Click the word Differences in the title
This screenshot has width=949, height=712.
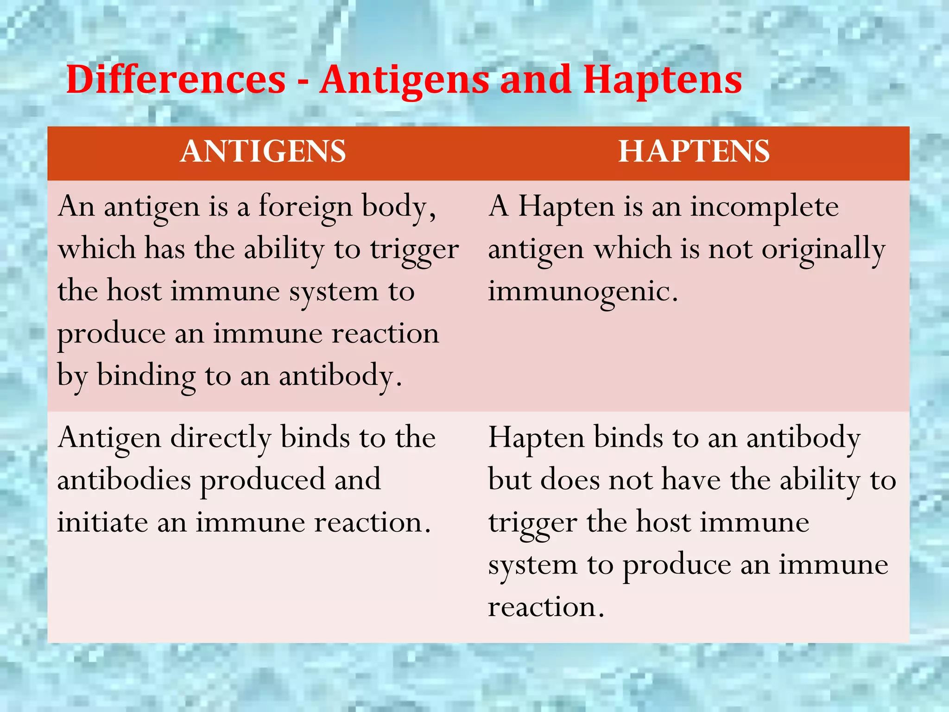click(x=176, y=80)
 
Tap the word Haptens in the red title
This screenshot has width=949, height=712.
click(x=662, y=80)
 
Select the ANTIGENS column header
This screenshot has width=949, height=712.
click(x=263, y=152)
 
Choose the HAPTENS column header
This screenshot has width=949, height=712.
click(x=694, y=152)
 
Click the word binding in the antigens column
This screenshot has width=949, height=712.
click(x=146, y=376)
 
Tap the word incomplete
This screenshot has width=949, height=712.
click(x=765, y=207)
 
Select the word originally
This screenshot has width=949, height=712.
click(x=823, y=249)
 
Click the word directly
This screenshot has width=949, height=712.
click(x=221, y=438)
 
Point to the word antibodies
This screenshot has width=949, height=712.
click(x=124, y=480)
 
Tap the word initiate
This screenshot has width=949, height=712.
click(x=102, y=522)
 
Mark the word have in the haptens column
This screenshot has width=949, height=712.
click(x=691, y=480)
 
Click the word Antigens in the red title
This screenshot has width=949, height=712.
click(x=404, y=80)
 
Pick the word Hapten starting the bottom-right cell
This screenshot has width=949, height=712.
click(x=536, y=438)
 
